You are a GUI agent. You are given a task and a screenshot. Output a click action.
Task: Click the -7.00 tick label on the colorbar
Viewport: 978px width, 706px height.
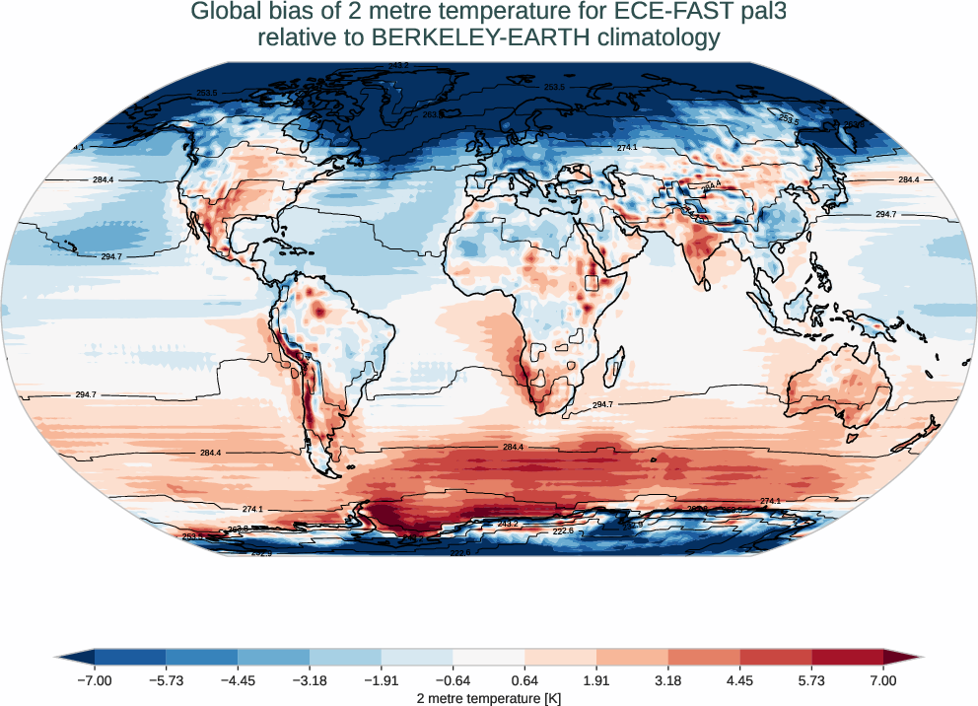click(x=95, y=681)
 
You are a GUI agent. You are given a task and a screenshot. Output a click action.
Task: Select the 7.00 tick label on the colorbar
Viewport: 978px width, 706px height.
click(x=883, y=681)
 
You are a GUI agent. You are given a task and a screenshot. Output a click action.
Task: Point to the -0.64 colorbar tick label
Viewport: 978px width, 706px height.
click(x=453, y=681)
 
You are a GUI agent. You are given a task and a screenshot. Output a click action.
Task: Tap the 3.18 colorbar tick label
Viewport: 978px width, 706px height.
click(x=668, y=681)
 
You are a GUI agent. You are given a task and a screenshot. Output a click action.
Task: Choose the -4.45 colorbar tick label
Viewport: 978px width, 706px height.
click(x=238, y=681)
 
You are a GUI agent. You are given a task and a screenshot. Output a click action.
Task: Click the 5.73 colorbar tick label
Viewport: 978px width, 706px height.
click(x=811, y=681)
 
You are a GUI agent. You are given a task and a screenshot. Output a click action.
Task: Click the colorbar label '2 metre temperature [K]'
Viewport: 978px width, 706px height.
click(x=488, y=698)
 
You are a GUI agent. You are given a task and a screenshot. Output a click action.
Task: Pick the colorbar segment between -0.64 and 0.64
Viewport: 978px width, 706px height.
click(x=488, y=657)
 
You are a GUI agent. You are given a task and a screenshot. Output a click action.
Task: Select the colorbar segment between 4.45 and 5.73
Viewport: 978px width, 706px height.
click(x=776, y=657)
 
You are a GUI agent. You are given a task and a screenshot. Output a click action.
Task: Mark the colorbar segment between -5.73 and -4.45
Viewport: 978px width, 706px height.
click(x=202, y=657)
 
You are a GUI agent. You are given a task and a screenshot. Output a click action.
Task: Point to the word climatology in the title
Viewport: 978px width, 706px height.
click(x=635, y=39)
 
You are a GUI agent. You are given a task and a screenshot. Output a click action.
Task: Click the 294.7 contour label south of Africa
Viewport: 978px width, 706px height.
click(x=602, y=405)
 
